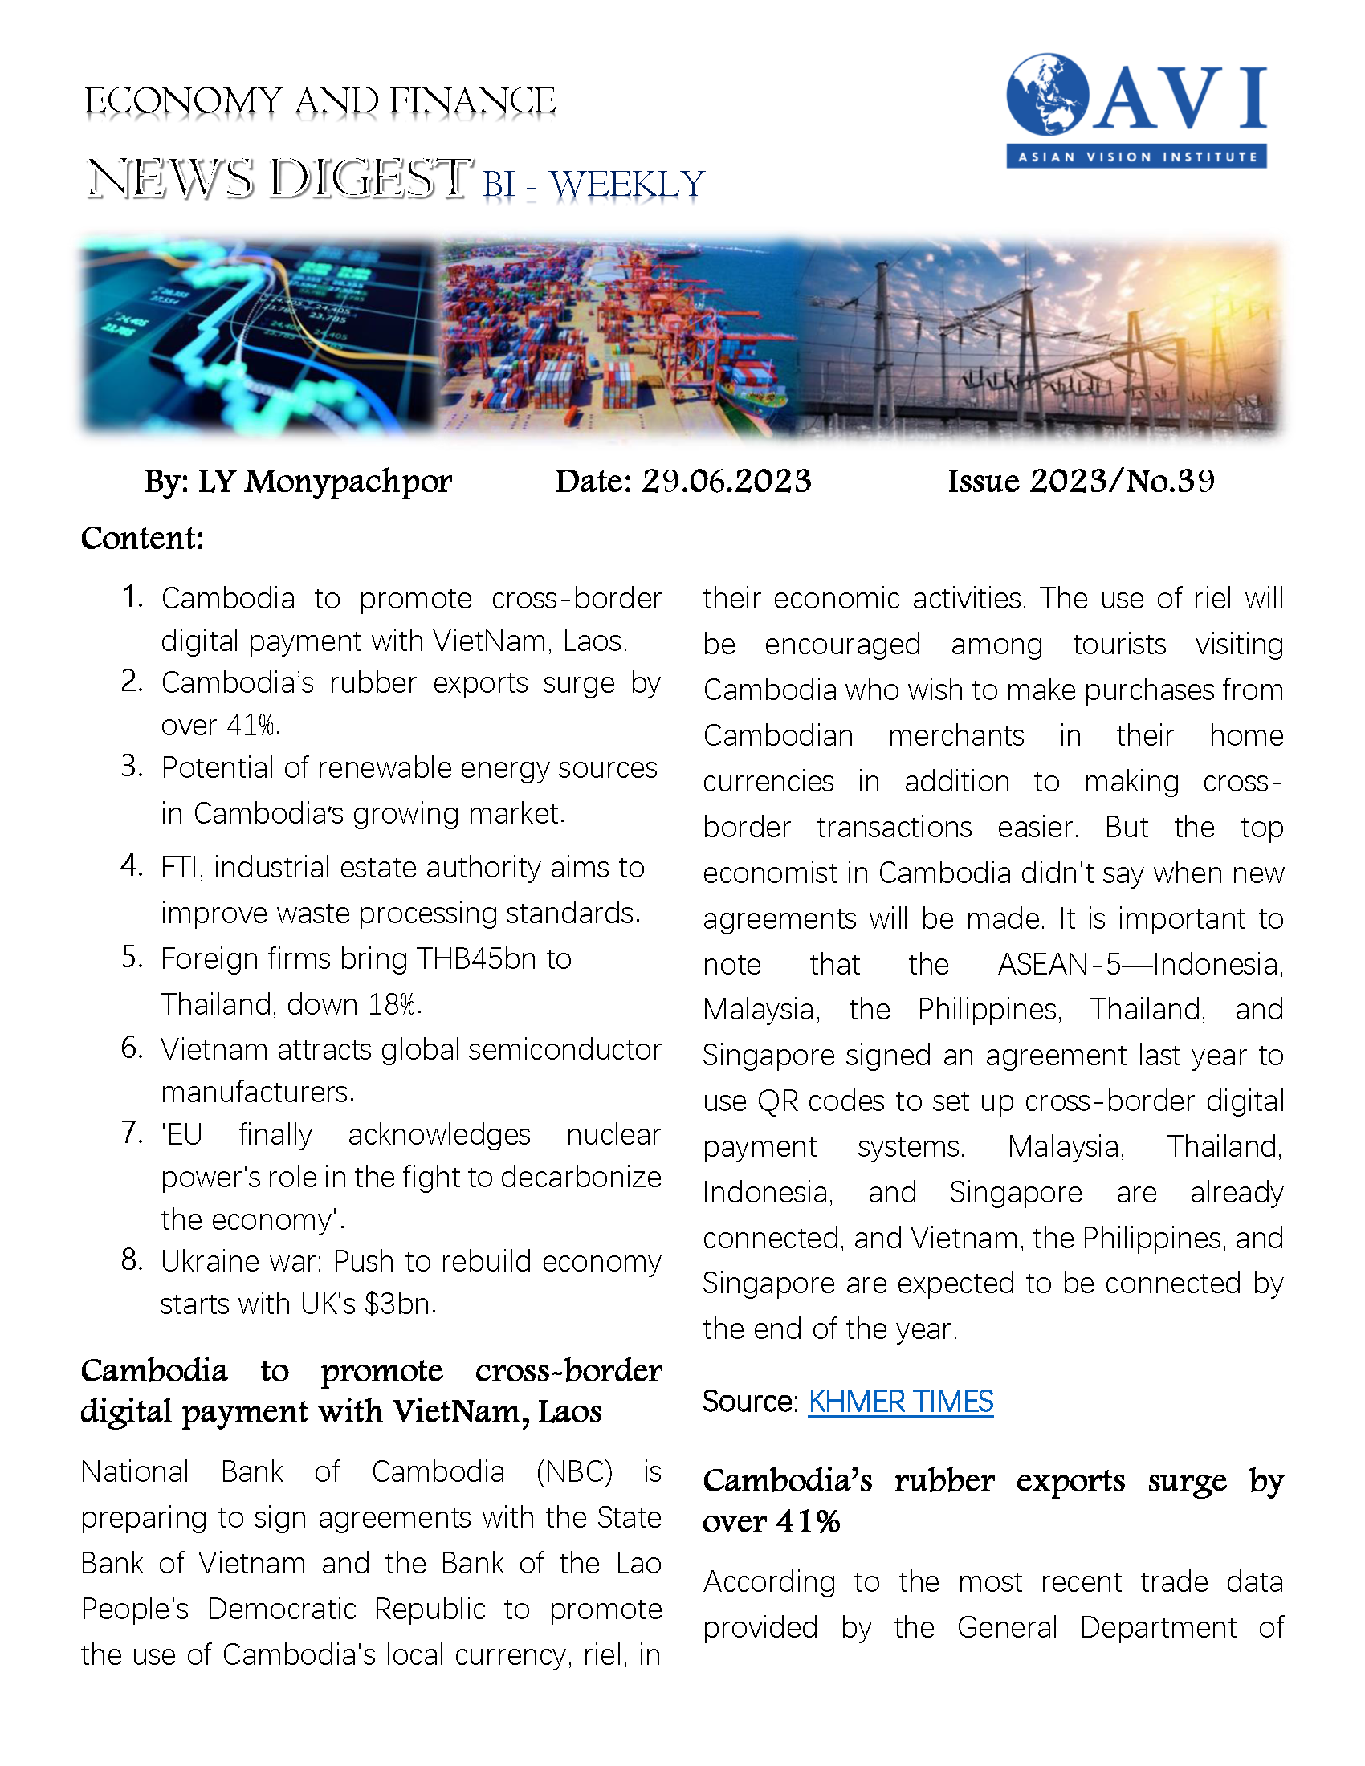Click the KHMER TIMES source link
(x=900, y=1402)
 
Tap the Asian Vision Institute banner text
(x=1136, y=156)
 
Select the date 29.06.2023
(x=726, y=481)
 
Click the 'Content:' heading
(x=141, y=538)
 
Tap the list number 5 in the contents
(x=132, y=958)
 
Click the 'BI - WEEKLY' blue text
(x=593, y=185)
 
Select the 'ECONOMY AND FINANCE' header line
(x=320, y=102)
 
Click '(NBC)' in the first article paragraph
(x=574, y=1471)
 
